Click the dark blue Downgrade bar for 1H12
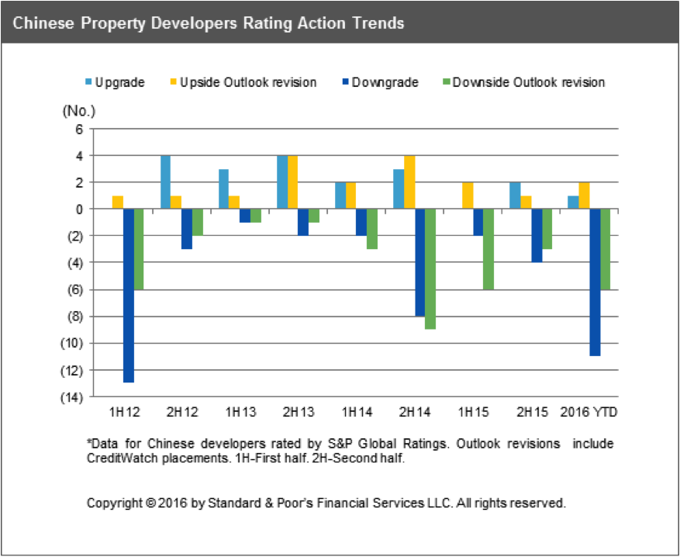point(129,296)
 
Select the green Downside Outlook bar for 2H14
point(430,268)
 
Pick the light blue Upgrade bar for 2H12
point(165,182)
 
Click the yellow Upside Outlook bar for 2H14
point(409,182)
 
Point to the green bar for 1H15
point(488,249)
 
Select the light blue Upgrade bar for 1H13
point(223,189)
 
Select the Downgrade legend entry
point(380,82)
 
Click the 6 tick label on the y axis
point(78,130)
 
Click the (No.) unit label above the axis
point(77,110)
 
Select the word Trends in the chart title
point(375,23)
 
